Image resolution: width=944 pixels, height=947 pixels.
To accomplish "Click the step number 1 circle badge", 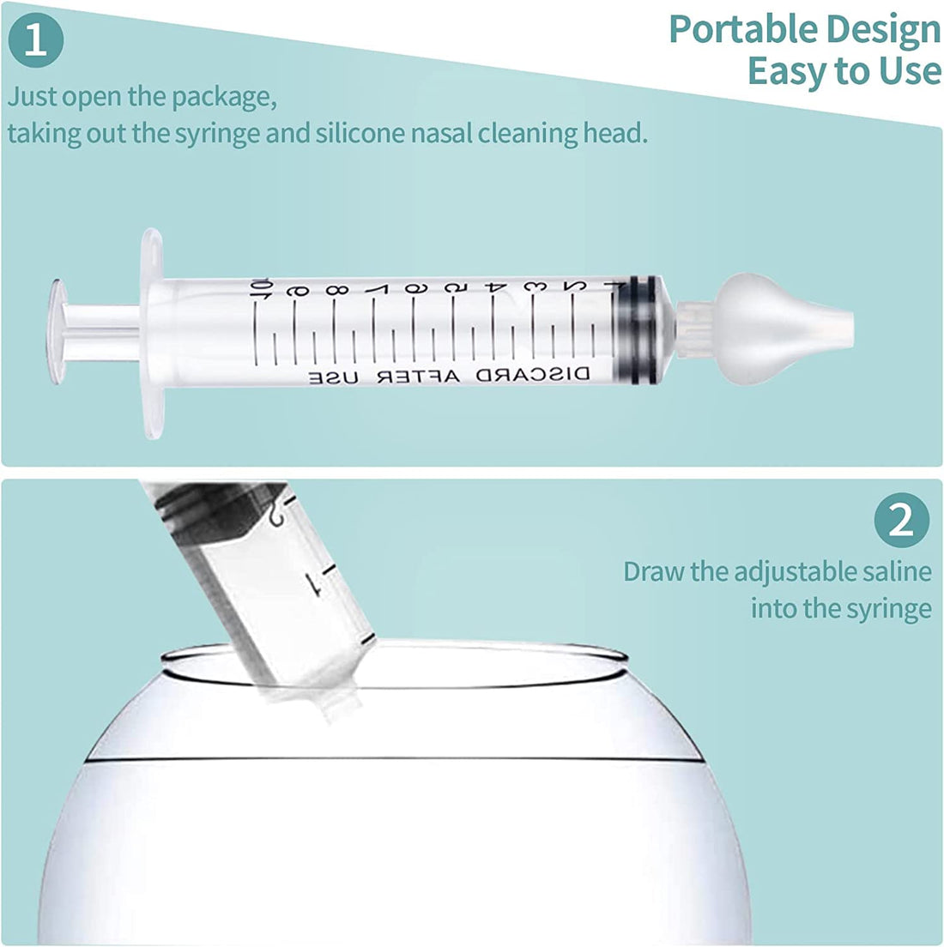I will click(x=35, y=39).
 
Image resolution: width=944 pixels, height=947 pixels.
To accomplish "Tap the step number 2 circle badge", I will click(x=902, y=520).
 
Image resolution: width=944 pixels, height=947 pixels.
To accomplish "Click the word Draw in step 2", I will click(x=654, y=571).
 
